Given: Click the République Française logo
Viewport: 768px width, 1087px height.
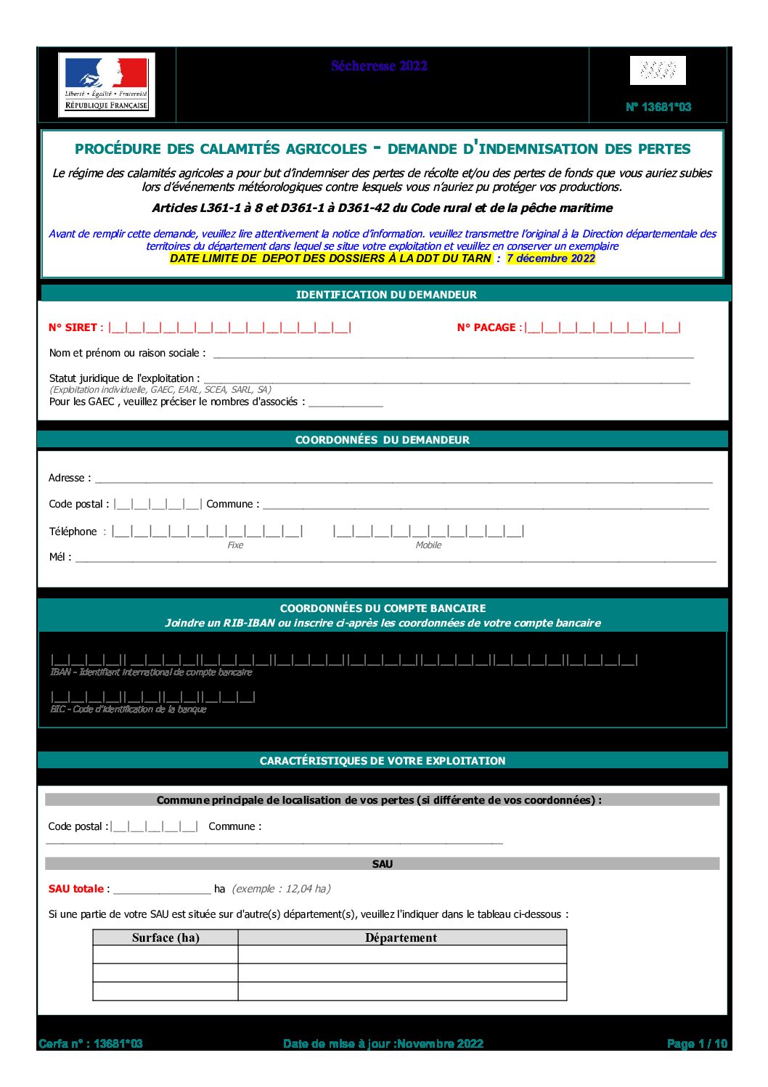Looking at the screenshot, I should [106, 85].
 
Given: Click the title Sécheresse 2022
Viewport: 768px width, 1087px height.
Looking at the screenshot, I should [379, 66].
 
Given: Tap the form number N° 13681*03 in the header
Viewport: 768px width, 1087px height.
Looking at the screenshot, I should [658, 107].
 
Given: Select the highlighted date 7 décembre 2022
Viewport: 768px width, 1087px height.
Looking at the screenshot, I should [551, 258].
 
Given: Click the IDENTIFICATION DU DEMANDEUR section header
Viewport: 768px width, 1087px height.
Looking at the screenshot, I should [386, 295].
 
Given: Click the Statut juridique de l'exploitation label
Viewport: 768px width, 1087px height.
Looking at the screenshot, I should [124, 378].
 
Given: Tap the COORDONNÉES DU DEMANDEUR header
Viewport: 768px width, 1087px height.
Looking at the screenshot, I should [382, 440].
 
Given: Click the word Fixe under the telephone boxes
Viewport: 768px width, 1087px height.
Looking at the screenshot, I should [235, 545].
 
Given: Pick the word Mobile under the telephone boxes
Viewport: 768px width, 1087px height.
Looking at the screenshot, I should [428, 545].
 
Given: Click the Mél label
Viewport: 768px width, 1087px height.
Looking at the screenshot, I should [60, 557].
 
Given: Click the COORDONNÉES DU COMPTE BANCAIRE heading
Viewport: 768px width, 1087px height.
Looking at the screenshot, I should [383, 608].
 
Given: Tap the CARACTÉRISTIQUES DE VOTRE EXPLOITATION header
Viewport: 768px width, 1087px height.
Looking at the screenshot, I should [383, 761].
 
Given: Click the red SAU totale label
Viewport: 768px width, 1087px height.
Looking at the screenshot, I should [76, 889].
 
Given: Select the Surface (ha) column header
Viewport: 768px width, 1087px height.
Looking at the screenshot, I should [166, 938].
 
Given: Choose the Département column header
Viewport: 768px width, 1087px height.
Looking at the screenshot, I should [401, 938].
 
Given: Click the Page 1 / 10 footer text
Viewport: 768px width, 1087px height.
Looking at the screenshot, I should [697, 1043].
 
